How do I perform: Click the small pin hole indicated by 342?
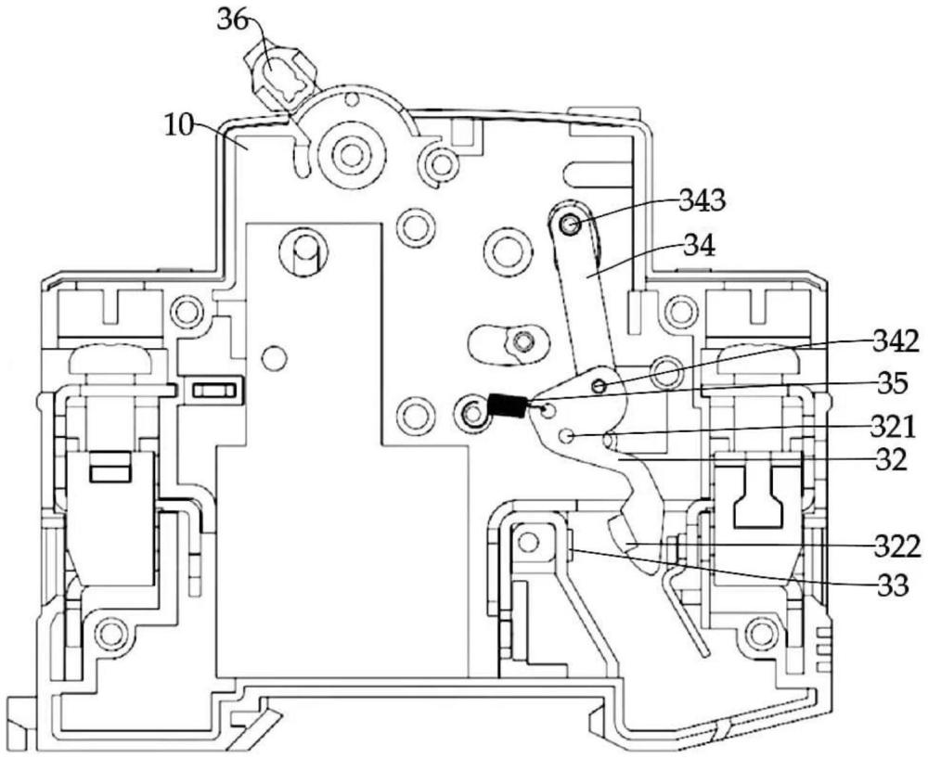pyautogui.click(x=599, y=384)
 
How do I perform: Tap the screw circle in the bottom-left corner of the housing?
pyautogui.click(x=110, y=635)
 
